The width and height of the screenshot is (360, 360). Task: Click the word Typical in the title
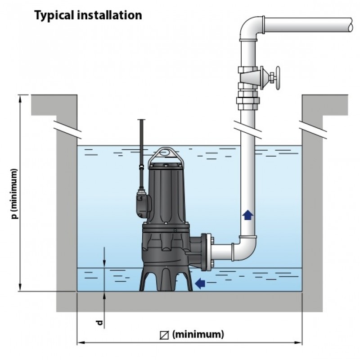pos(54,15)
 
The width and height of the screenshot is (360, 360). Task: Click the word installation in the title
pos(109,15)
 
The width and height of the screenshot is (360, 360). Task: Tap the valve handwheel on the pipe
pos(278,78)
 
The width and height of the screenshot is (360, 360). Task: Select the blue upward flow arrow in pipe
pos(248,215)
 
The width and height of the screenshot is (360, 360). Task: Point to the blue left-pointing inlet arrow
pos(200,283)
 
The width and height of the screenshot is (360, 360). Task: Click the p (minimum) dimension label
pos(14,194)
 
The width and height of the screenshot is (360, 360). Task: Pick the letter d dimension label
pos(99,323)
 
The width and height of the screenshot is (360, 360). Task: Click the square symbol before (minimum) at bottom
pos(164,335)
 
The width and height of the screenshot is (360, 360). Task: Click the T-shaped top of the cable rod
pos(141,120)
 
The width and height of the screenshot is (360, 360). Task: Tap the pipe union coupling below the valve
pos(248,103)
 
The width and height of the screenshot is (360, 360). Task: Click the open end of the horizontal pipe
pos(351,25)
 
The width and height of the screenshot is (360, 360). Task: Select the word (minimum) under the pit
pos(198,334)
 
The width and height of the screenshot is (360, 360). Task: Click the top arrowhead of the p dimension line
pos(20,98)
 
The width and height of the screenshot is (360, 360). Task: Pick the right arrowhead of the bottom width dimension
pos(298,343)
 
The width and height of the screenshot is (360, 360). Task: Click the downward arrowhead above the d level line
pos(104,264)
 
